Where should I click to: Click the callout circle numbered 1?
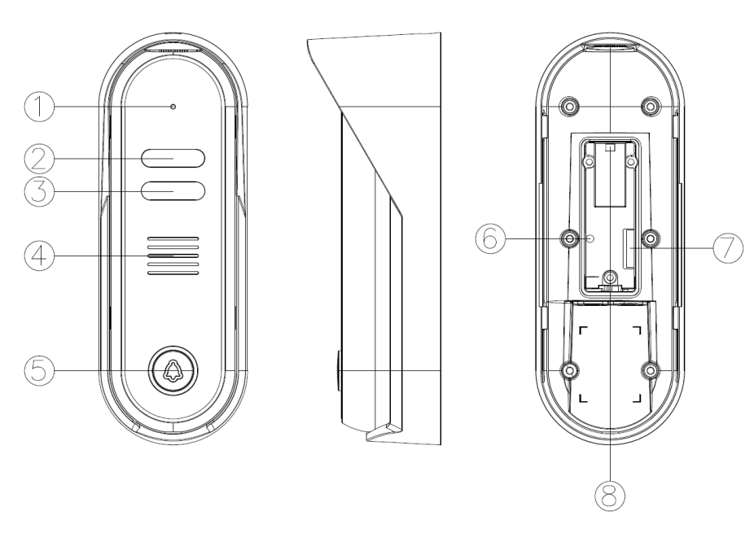[x=39, y=107]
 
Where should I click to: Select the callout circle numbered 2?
[x=39, y=159]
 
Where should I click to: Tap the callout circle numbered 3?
[x=39, y=191]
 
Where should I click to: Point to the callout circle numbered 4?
[x=39, y=256]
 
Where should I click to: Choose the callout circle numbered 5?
[x=39, y=371]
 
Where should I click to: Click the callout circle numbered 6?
[x=490, y=238]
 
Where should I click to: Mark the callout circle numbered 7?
[x=728, y=248]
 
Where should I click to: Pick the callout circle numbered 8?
[x=610, y=496]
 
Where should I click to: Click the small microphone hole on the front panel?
[x=173, y=106]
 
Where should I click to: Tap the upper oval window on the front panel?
[x=173, y=158]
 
